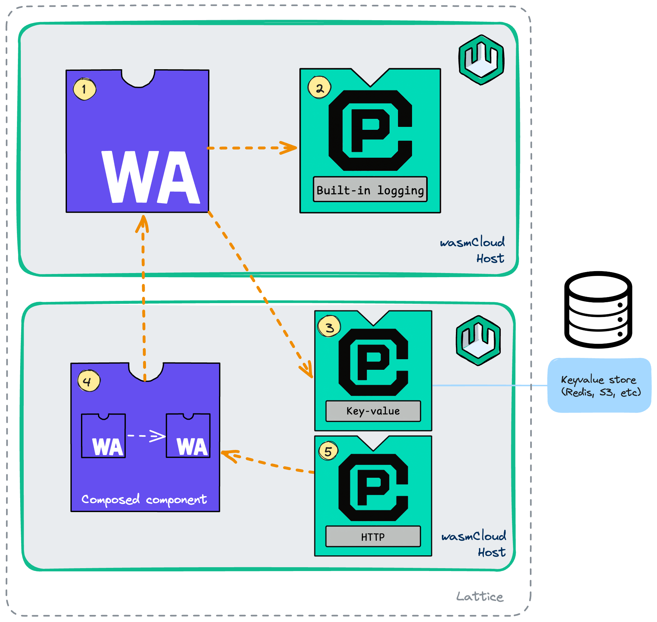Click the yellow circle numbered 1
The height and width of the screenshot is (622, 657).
point(85,89)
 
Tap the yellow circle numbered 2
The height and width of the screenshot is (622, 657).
point(320,88)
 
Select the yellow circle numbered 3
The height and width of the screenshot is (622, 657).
point(329,327)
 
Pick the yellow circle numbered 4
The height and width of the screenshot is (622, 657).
point(88,381)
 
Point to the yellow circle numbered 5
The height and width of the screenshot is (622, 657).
point(328,451)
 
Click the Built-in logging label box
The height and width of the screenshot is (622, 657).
point(370,190)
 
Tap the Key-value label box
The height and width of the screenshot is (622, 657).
point(373,411)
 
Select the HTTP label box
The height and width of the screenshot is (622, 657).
point(373,536)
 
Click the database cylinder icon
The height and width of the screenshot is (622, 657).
point(598,310)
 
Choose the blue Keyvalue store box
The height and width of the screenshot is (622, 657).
point(599,385)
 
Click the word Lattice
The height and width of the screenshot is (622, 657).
point(479,596)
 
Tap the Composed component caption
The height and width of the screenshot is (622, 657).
point(144,499)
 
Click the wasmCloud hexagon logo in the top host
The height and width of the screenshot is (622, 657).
point(481,60)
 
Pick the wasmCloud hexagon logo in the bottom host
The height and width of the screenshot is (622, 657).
point(478,340)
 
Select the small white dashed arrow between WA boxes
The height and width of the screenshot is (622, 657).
point(146,436)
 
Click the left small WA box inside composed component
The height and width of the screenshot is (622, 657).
point(103,436)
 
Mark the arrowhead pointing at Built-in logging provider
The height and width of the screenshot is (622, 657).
point(289,148)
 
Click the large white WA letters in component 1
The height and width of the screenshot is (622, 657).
point(151,178)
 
